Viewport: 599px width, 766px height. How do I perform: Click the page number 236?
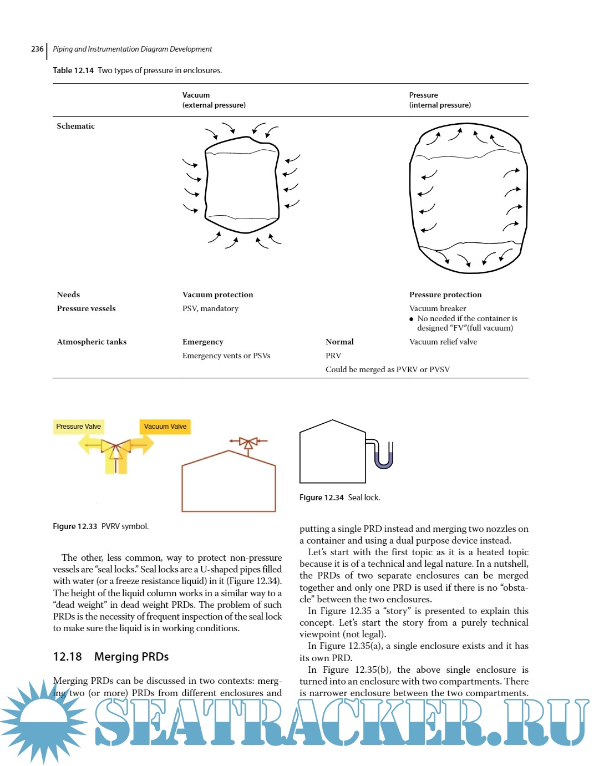[37, 49]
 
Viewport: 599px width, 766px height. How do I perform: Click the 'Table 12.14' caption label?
[73, 70]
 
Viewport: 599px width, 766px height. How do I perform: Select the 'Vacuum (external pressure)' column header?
[214, 100]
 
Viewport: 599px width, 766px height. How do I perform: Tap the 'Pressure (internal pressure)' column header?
[440, 100]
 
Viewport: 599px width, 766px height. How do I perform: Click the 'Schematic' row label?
[75, 126]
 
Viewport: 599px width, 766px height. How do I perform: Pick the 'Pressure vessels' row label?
[86, 308]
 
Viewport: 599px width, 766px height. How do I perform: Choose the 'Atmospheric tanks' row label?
[92, 342]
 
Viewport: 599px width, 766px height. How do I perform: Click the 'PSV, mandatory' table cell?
[210, 308]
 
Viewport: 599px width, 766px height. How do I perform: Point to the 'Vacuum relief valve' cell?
[443, 342]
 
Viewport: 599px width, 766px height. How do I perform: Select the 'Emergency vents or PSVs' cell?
[226, 356]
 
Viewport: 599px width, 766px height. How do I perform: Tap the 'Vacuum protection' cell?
[217, 295]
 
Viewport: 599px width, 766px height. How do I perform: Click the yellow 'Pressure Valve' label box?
[78, 427]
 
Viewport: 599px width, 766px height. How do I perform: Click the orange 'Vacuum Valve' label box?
[165, 427]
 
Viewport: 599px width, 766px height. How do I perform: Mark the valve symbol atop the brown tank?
[248, 442]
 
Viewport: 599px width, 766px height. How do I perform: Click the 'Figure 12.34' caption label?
[322, 498]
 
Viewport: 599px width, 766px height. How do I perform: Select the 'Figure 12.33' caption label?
[75, 526]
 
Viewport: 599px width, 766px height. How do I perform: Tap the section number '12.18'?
[67, 657]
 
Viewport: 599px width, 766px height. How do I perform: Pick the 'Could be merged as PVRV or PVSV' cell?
[387, 369]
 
